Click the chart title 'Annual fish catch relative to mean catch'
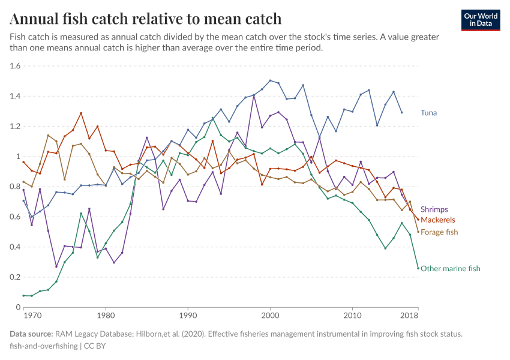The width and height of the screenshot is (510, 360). click(146, 19)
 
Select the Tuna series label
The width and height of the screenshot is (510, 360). click(428, 112)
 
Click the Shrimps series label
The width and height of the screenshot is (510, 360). click(434, 209)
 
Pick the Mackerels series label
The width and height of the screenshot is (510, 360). click(438, 220)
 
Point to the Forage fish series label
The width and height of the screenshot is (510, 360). click(439, 232)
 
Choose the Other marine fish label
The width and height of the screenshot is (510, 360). click(451, 268)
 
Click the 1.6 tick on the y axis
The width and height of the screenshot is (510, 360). click(15, 66)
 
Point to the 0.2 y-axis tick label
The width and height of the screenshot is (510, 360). click(15, 277)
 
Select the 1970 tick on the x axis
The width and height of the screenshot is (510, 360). click(32, 315)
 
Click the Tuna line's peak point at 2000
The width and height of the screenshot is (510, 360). click(271, 80)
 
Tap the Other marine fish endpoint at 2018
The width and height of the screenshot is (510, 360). click(418, 268)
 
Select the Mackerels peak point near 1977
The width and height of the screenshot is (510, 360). click(81, 113)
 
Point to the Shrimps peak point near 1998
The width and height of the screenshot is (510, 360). click(254, 95)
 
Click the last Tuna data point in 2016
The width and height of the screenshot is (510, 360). click(401, 112)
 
